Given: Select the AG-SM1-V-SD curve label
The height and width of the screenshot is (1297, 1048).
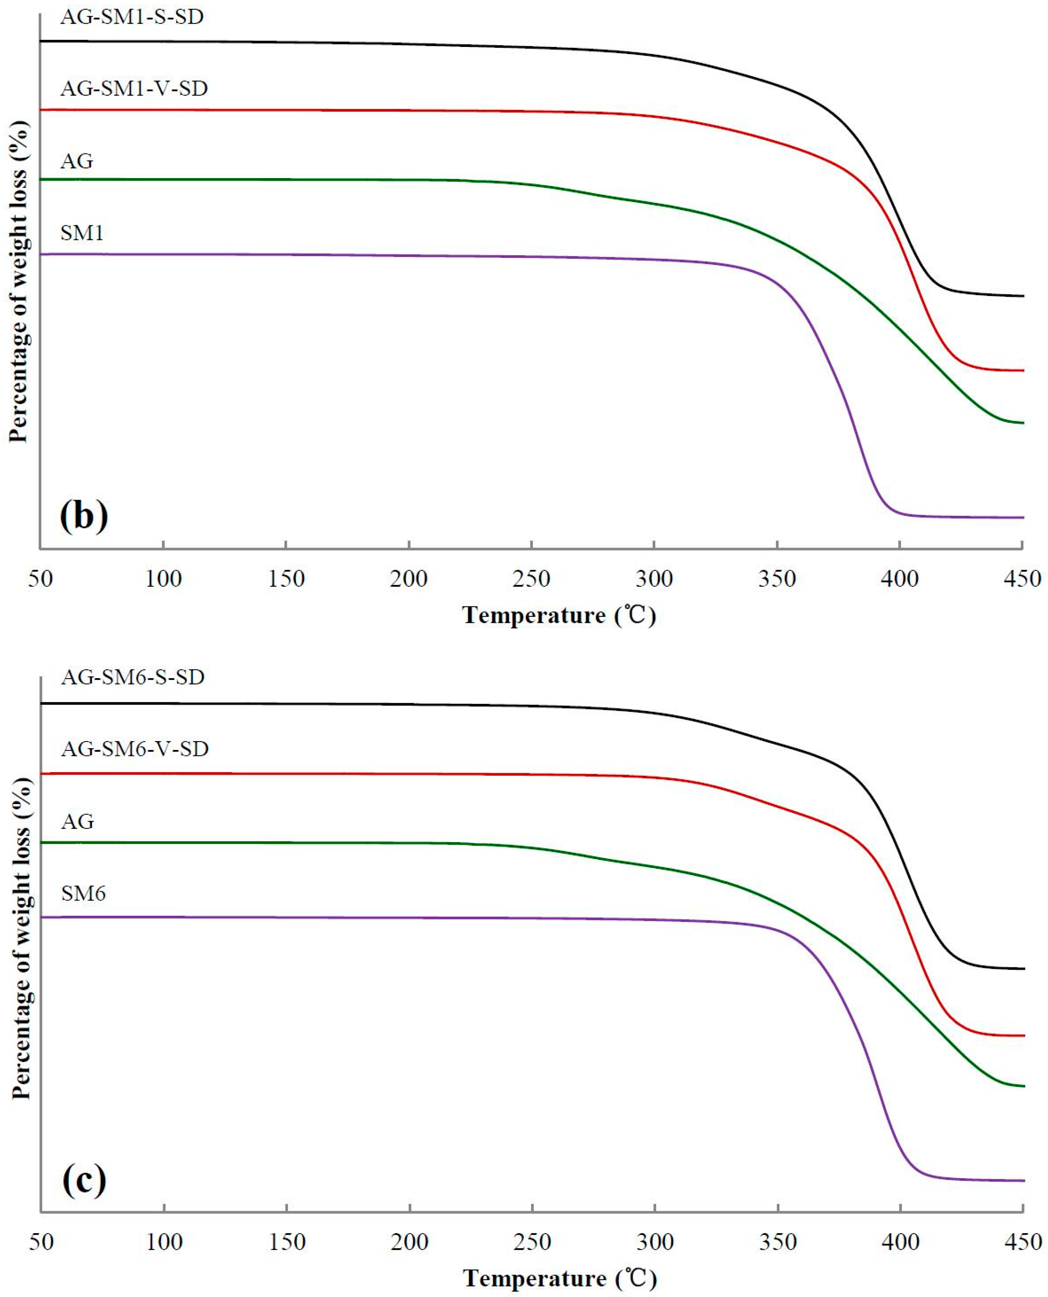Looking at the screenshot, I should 134,89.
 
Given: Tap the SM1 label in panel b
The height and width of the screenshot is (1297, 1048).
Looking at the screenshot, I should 82,233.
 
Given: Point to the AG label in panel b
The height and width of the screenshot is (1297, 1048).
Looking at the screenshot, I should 77,161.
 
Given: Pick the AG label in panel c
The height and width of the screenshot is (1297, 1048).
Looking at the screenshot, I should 77,822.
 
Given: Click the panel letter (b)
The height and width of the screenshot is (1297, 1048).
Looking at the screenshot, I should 84,516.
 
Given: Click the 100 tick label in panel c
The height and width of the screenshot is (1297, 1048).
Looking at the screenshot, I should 164,1243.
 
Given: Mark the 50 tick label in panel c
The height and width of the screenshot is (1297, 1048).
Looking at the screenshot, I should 41,1243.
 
